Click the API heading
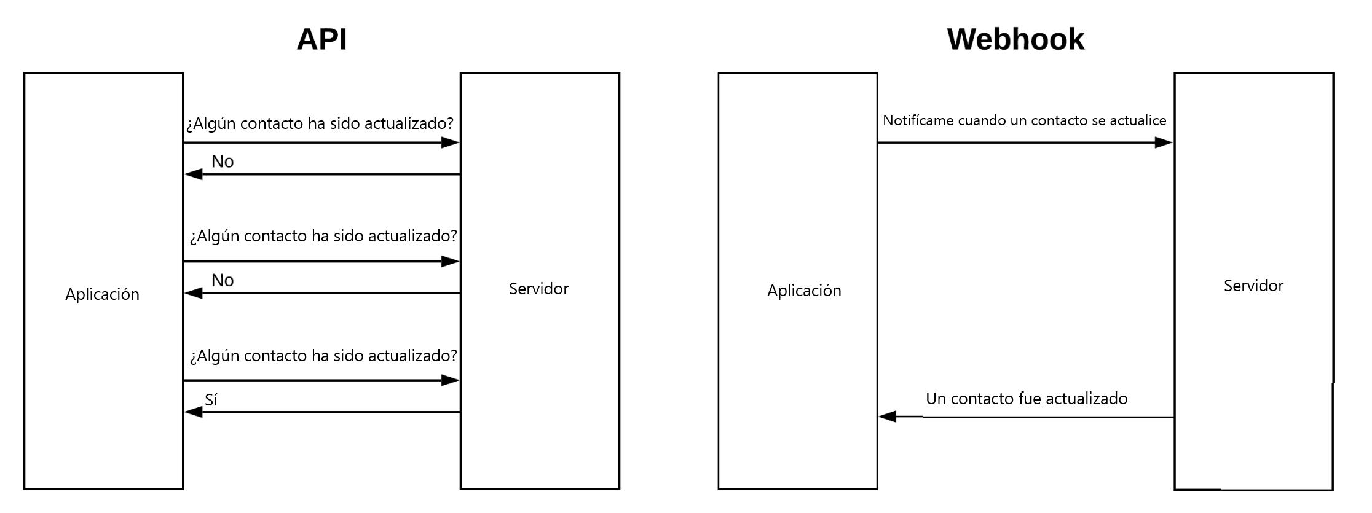321,39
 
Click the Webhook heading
1015,39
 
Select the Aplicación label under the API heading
102,294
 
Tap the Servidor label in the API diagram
538,289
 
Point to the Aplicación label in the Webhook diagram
804,291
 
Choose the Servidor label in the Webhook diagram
1253,286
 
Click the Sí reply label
211,400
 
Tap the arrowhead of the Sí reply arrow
193,412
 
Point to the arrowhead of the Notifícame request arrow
1164,143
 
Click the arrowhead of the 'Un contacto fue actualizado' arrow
887,417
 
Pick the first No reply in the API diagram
223,162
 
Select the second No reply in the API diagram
223,281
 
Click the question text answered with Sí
323,356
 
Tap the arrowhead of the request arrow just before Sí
451,381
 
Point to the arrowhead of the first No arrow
193,174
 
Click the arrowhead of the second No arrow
193,294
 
